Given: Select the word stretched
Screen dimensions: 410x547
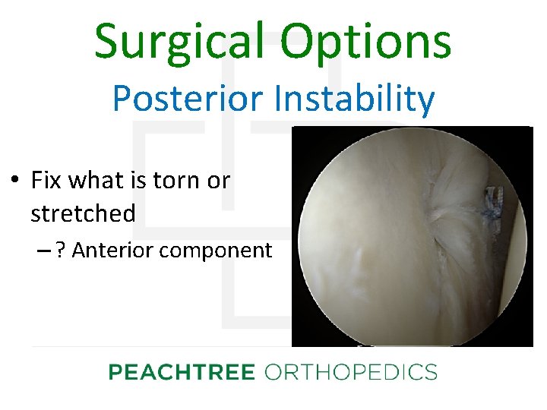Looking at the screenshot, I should point(83,214).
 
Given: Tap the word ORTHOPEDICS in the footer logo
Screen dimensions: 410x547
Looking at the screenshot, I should point(350,372).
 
